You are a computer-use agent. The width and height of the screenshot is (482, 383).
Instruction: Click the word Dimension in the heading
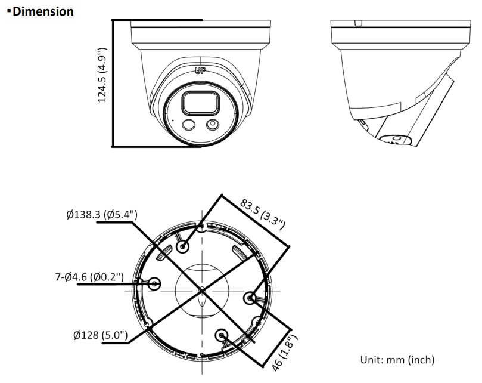tap(43, 11)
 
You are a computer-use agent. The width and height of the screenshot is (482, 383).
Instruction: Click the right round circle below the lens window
tap(212, 125)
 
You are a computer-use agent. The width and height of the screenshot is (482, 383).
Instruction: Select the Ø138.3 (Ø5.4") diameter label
tap(102, 214)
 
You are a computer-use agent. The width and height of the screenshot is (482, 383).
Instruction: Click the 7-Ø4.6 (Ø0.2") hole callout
tap(88, 277)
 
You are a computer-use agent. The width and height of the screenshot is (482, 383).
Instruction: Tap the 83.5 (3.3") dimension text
tap(262, 214)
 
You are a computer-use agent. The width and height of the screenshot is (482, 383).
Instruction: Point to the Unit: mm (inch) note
tap(397, 360)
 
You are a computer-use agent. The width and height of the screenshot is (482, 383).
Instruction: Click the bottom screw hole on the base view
tap(222, 335)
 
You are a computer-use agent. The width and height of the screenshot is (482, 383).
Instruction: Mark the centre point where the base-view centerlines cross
tap(202, 291)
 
